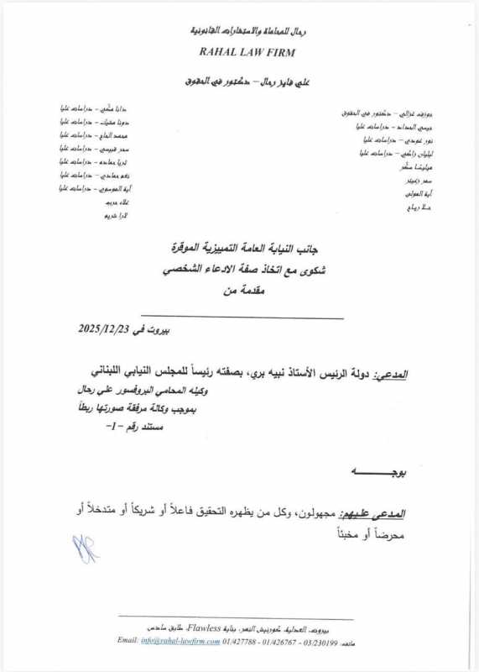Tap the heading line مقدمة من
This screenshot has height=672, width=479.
pos(243,290)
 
